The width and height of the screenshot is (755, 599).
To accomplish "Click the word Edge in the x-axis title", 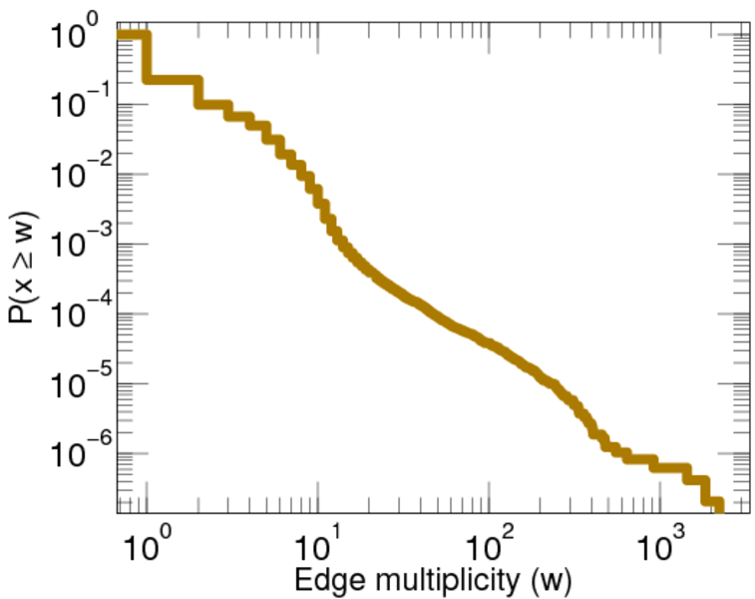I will click(318, 579).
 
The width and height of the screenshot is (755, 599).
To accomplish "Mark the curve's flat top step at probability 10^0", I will click(132, 36).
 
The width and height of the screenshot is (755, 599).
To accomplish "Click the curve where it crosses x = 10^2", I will click(489, 344).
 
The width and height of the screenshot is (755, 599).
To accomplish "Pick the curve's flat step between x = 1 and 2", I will click(172, 78).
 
